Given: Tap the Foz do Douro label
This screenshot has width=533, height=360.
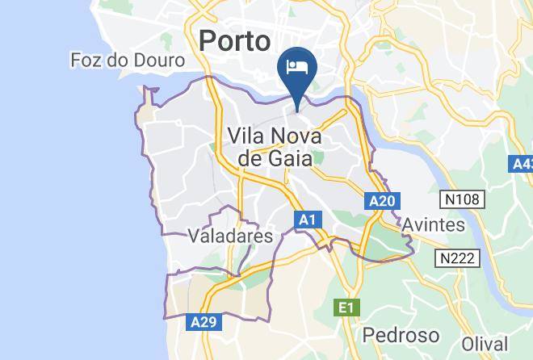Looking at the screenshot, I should click(x=128, y=61).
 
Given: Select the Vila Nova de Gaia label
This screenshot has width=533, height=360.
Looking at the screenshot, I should click(x=275, y=146).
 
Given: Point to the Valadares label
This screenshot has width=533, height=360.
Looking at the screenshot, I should click(x=229, y=236).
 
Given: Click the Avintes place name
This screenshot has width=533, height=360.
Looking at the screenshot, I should click(x=434, y=224).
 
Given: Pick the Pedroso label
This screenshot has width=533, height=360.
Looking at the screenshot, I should click(x=401, y=334).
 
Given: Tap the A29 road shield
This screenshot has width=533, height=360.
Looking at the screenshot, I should click(x=204, y=322).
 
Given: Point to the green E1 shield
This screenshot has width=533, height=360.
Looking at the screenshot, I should click(x=346, y=307).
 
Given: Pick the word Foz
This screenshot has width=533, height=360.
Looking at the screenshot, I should click(x=86, y=61).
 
